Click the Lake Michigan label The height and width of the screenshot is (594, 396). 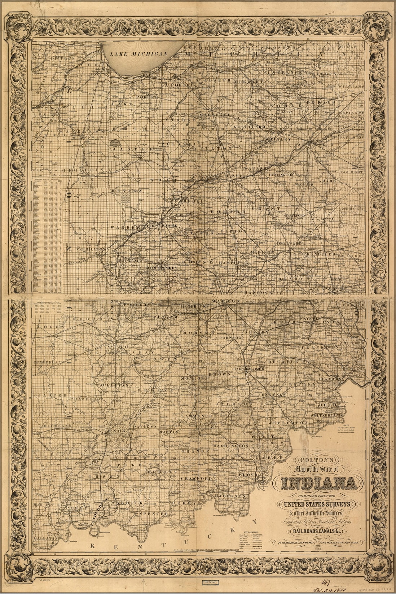pyautogui.click(x=140, y=53)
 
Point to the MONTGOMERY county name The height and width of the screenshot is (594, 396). pyautogui.click(x=162, y=268)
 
